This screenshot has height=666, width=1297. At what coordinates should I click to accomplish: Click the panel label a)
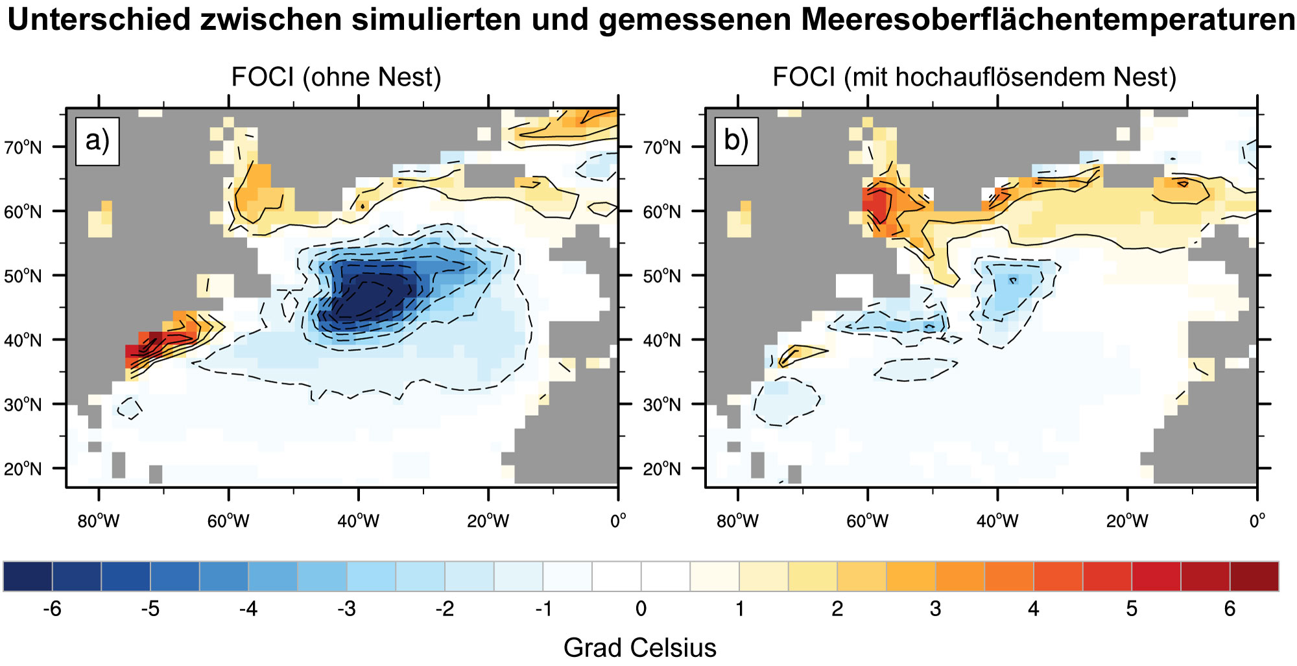coord(97,141)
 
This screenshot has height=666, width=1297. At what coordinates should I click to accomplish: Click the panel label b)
coord(736,141)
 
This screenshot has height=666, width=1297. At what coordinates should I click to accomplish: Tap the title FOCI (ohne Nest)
coord(336,77)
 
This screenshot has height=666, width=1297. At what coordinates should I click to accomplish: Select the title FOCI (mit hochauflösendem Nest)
coord(974,77)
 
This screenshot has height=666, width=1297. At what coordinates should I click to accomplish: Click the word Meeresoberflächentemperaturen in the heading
coord(1048,19)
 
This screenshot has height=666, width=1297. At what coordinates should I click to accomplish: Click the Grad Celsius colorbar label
coord(639,647)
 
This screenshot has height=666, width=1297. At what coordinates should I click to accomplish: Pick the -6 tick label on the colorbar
coord(51,609)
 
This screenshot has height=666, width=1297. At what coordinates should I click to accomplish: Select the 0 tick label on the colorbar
coord(641,609)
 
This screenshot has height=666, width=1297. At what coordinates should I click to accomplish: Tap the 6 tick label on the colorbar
coord(1230,609)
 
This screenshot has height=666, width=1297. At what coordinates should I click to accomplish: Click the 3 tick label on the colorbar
coord(935,609)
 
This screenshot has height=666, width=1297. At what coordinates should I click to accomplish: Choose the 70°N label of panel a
coord(23,148)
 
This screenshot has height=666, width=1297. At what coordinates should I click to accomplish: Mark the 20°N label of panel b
coord(661,469)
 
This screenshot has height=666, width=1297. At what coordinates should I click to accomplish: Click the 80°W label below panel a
coord(99,521)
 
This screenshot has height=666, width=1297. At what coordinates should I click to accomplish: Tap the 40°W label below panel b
coord(997,521)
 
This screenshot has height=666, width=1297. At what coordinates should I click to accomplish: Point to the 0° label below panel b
coord(1257,521)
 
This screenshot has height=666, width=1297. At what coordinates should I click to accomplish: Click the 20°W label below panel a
coord(488,521)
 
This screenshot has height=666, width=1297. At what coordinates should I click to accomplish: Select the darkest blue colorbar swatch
coord(28,577)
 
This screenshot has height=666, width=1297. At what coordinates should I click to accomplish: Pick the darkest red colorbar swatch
coord(1254,577)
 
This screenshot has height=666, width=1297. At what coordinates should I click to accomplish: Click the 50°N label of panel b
coord(661,276)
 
